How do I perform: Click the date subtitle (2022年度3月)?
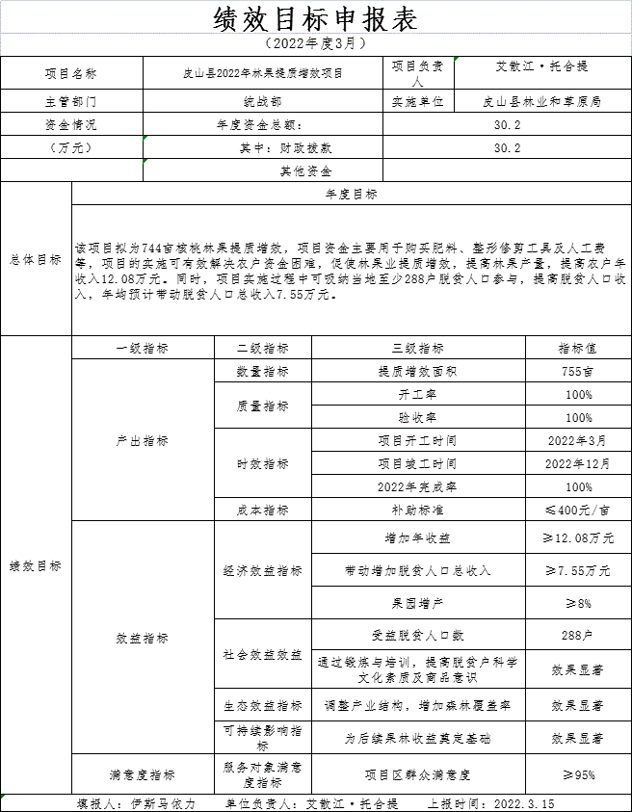coord(315,44)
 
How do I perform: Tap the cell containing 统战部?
coord(263,100)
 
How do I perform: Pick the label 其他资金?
coord(305,171)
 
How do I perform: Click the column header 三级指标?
coord(418,349)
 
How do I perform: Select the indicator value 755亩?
coord(578,371)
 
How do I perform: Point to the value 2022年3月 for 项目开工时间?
coord(578,441)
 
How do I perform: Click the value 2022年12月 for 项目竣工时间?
coord(578,464)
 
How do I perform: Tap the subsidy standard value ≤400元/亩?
coord(578,511)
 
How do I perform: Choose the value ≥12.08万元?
coord(578,537)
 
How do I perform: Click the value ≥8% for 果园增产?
coord(578,604)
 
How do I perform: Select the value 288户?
coord(578,636)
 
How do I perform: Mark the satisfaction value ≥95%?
coord(578,774)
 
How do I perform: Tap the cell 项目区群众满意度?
coord(418,774)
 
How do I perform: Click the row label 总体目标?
coord(36,260)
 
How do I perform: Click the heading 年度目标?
coord(352,194)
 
